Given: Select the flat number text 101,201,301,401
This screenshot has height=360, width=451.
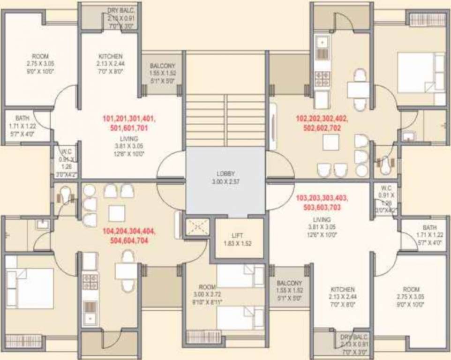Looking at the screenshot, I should pyautogui.click(x=129, y=119).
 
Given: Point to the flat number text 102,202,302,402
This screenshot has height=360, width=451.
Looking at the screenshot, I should pyautogui.click(x=322, y=119).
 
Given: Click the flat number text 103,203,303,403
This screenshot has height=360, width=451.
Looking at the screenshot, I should pyautogui.click(x=322, y=198).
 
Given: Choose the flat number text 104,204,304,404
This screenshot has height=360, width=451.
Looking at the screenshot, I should pyautogui.click(x=128, y=232).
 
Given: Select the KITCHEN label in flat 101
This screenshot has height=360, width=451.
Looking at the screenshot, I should pyautogui.click(x=111, y=56).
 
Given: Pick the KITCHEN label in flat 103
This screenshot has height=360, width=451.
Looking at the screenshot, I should pyautogui.click(x=343, y=289).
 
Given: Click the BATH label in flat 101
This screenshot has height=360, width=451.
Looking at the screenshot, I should pyautogui.click(x=22, y=118).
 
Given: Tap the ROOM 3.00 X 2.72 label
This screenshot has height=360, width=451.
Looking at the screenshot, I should pyautogui.click(x=207, y=287).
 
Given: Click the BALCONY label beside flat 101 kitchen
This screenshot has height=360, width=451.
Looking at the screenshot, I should pyautogui.click(x=162, y=66).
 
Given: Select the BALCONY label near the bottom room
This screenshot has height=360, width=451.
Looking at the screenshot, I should pyautogui.click(x=289, y=283).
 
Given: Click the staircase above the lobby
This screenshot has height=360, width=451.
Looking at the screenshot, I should pyautogui.click(x=226, y=120).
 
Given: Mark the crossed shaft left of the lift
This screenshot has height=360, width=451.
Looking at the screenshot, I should pyautogui.click(x=197, y=227).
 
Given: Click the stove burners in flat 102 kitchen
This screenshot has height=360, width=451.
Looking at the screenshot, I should pyautogui.click(x=323, y=78).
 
